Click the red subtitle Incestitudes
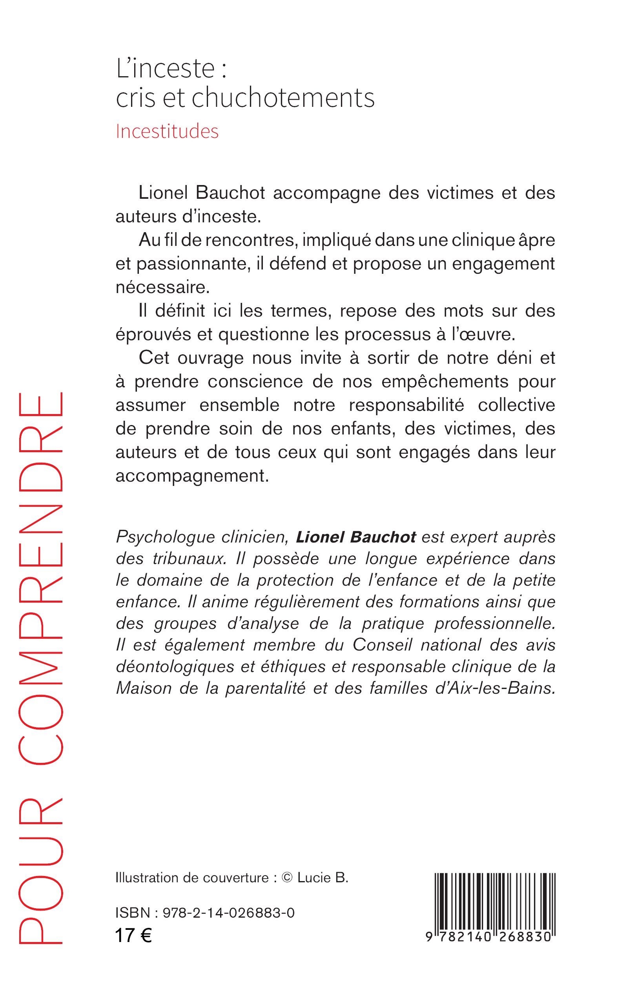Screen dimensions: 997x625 (x=167, y=131)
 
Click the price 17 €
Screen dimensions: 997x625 (x=133, y=935)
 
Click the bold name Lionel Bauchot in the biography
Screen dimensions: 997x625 (x=356, y=537)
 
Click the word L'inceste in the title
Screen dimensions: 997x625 (x=165, y=69)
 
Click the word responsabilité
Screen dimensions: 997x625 (x=406, y=405)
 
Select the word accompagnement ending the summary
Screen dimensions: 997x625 (x=192, y=476)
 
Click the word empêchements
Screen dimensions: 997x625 (x=445, y=381)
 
